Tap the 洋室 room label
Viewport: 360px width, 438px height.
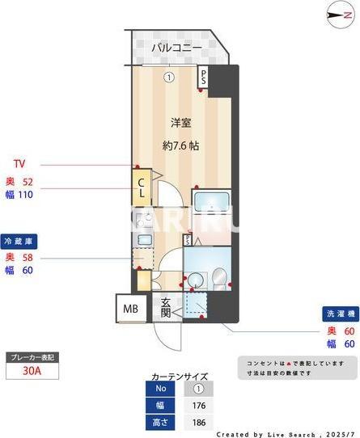click(x=180, y=123)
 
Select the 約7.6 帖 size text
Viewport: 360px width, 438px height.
click(x=180, y=146)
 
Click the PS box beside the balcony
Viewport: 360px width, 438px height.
click(x=204, y=77)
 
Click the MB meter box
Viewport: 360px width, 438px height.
click(x=129, y=310)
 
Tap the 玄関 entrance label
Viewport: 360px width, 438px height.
click(x=164, y=308)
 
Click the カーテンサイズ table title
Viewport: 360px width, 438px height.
click(x=180, y=377)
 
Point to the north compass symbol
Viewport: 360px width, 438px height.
click(x=335, y=15)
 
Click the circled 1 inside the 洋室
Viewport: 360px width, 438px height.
click(x=168, y=78)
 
